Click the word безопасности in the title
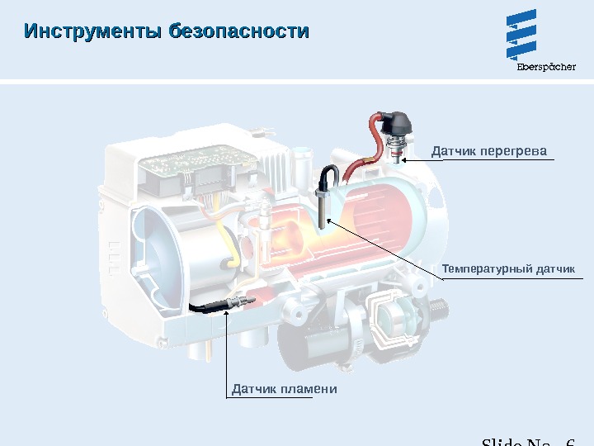click(238, 32)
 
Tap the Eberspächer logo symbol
click(521, 34)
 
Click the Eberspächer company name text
click(545, 68)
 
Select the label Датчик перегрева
click(489, 151)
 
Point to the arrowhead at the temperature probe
click(328, 221)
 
